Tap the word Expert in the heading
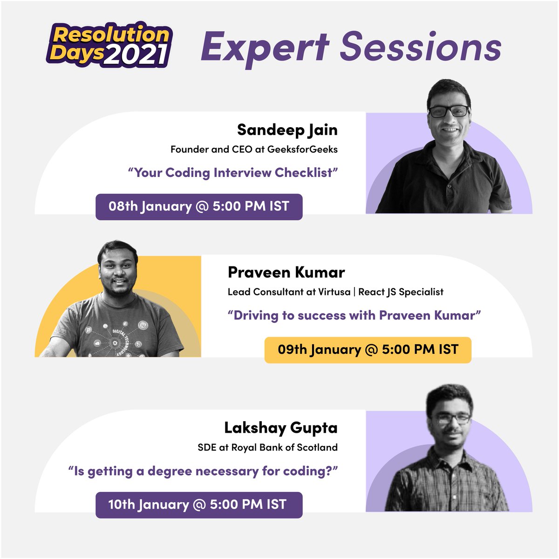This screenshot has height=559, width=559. tap(265, 47)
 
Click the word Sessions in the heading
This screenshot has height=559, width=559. tap(421, 47)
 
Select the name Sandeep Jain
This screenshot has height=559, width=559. tap(287, 130)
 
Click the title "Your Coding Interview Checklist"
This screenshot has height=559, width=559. tap(233, 172)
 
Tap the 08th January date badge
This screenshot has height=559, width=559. tap(199, 206)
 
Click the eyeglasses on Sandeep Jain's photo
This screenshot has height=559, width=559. tap(449, 111)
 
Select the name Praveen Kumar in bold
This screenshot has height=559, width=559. tap(286, 272)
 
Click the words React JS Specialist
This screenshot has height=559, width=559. tap(401, 292)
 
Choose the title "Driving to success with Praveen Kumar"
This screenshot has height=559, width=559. tap(354, 315)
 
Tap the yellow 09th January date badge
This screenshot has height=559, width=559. tap(368, 349)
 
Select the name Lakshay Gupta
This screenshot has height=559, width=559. tap(281, 427)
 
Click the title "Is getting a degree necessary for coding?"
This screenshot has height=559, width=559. tap(203, 471)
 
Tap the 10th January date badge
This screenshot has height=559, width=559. tap(199, 504)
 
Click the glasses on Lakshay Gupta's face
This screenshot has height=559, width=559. tap(450, 418)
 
